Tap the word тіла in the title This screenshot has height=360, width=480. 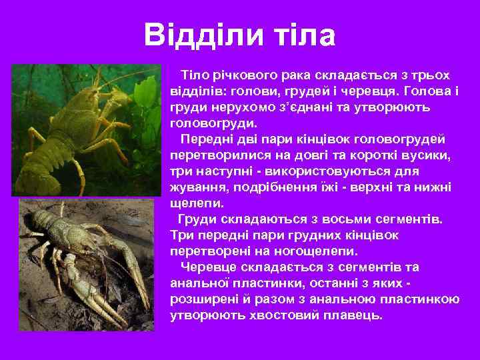coord(304,35)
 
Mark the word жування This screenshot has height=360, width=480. coord(196,188)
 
